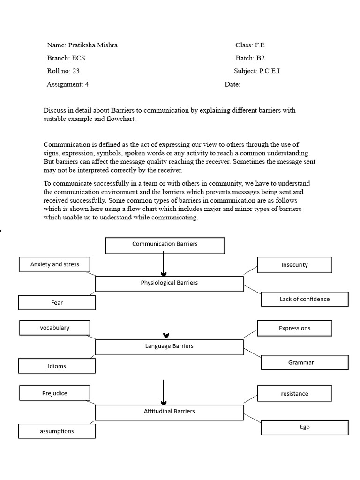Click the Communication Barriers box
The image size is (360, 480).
coord(165,245)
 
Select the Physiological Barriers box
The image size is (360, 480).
coord(169,284)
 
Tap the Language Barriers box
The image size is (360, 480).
coord(169,346)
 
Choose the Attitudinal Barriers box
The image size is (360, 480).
coord(169,412)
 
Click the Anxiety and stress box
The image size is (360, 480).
coord(54,264)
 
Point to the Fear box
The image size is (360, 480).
coord(57,303)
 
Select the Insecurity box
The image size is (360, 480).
coord(294,265)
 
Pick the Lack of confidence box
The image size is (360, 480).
coord(304,299)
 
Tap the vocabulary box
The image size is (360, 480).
coord(54,328)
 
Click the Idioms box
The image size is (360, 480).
coord(57,366)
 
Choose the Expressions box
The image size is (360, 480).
coord(294,328)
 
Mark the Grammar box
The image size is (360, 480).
coord(304,362)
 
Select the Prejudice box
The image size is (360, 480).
coord(54,393)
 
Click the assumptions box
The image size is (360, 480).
coord(57,431)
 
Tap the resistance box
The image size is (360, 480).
coord(294,394)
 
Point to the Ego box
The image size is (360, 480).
coord(304,427)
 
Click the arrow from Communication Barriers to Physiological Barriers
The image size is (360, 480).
coord(163,264)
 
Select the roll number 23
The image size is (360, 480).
coord(76,71)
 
